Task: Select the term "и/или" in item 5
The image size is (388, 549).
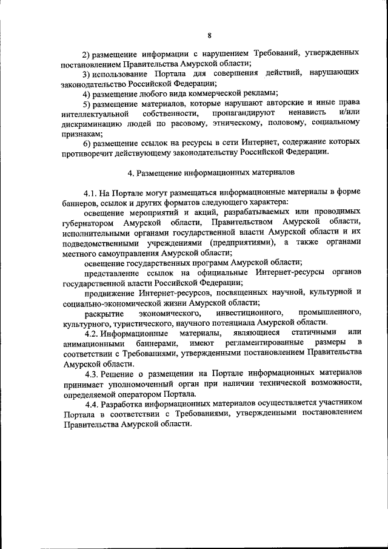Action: tap(349, 113)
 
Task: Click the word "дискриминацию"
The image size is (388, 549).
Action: tap(89, 123)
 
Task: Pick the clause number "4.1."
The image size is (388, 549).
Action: tap(93, 192)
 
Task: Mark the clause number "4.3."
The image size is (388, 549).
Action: tap(93, 374)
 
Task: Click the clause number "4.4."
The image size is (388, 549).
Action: tap(93, 403)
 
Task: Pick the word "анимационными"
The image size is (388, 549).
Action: tap(92, 344)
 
